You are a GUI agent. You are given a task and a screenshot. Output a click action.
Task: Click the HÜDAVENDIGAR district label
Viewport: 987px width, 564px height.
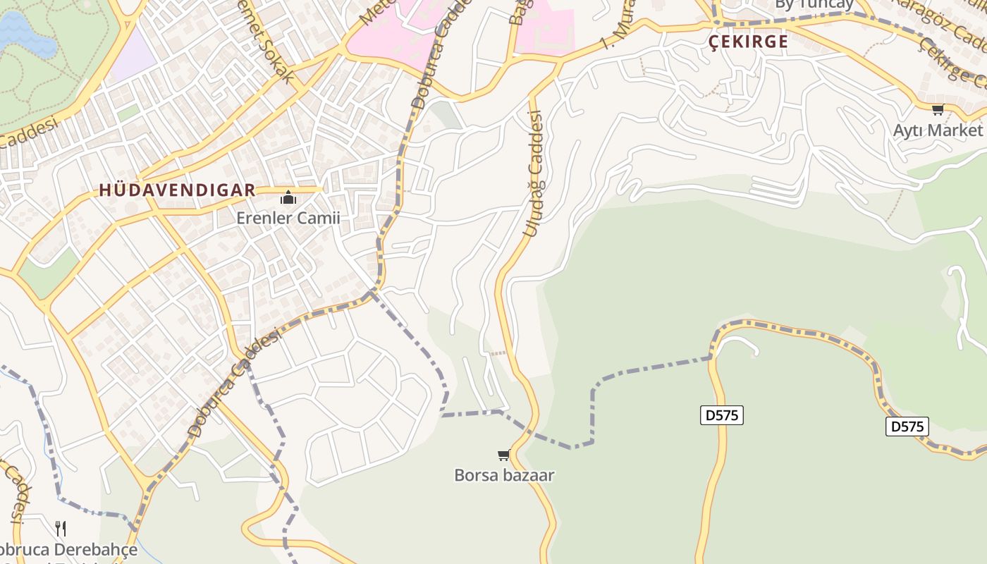(x=177, y=190)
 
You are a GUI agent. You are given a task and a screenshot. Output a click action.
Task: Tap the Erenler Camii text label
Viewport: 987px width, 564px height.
(x=288, y=218)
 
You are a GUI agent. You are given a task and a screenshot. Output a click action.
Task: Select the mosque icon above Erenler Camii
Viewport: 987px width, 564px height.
(x=288, y=197)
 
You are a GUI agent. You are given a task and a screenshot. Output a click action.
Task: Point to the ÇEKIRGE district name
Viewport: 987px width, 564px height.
(x=748, y=42)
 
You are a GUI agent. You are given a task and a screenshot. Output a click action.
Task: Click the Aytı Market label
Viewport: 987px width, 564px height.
(x=937, y=130)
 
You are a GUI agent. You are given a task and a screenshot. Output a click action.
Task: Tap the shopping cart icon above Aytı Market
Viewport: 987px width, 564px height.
(x=938, y=109)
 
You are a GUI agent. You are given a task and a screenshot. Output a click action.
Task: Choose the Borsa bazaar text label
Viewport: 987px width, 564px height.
(x=504, y=475)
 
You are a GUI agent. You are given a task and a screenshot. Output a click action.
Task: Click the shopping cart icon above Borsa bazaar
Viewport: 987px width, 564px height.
(x=503, y=455)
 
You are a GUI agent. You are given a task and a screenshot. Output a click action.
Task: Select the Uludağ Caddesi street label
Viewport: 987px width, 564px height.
(x=532, y=173)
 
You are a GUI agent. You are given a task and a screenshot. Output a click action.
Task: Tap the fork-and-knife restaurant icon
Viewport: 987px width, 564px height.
(x=61, y=528)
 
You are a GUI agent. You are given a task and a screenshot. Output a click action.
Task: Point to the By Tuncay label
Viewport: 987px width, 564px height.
(x=814, y=4)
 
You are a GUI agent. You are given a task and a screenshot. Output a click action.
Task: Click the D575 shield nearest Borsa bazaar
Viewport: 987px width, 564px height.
(x=722, y=415)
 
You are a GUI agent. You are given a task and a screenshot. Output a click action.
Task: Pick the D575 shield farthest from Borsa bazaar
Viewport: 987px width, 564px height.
(x=907, y=426)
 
